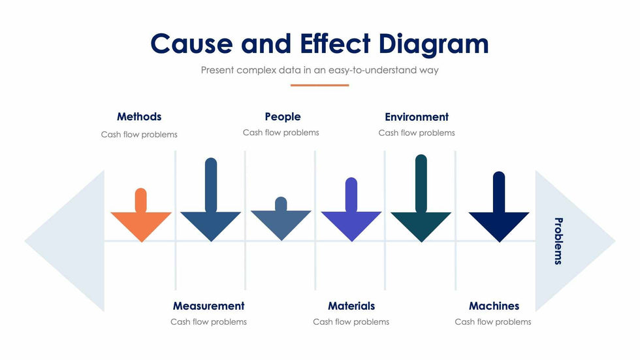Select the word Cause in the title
pos(191,44)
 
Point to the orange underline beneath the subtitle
pos(319,85)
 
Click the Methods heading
pos(139,117)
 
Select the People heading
pos(283,117)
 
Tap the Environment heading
pos(417,117)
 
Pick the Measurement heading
pos(208,306)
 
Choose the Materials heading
pos(351,306)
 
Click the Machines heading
pos(494,306)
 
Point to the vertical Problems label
pos(558,241)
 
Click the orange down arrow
pos(141,221)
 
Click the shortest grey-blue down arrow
pos(281,221)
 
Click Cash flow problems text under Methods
pos(139,135)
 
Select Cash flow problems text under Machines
pos(493,321)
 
